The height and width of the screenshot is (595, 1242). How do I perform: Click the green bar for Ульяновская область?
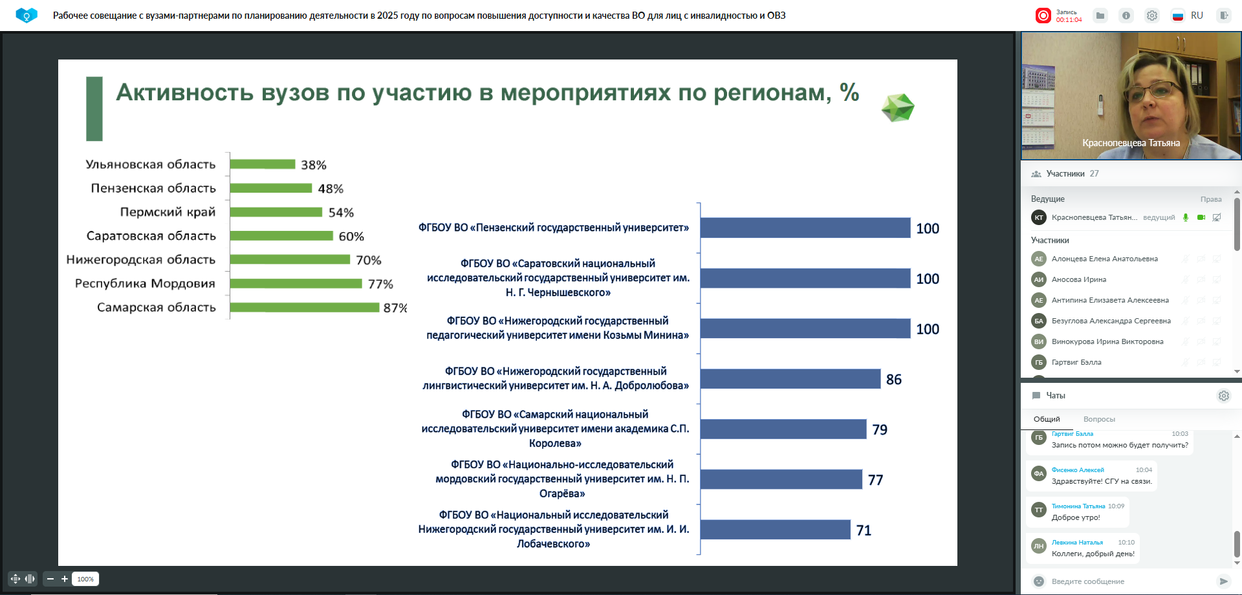coord(263,164)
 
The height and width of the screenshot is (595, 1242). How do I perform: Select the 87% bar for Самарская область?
coord(305,307)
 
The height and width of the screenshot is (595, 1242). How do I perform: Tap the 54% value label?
coord(341,213)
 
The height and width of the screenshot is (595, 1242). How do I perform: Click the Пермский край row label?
coord(168,212)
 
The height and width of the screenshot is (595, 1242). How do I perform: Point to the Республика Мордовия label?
coord(145,283)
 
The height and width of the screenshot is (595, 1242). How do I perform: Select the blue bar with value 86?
coord(790,379)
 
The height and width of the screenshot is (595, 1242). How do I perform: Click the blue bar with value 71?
coord(775,530)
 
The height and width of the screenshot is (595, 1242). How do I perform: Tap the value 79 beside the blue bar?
coord(880,430)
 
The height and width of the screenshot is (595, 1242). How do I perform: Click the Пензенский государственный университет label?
coord(554,228)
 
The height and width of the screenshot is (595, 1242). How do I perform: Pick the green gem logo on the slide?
coord(898,108)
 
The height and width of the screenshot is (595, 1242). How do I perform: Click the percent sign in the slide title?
coord(849,92)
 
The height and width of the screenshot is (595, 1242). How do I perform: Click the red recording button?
coord(1043,16)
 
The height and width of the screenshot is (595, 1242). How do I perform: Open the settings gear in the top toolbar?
coord(1152,16)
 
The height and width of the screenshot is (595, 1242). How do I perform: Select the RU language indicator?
coord(1197,16)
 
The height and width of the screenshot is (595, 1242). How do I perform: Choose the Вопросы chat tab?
coord(1099,419)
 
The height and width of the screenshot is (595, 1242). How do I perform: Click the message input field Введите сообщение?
coord(1126,581)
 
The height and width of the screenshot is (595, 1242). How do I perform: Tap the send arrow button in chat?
coord(1223,581)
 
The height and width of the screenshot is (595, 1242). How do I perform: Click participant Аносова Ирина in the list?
coord(1079,279)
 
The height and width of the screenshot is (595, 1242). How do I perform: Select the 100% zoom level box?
coord(85,579)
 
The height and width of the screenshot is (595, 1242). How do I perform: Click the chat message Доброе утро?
coord(1076,517)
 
